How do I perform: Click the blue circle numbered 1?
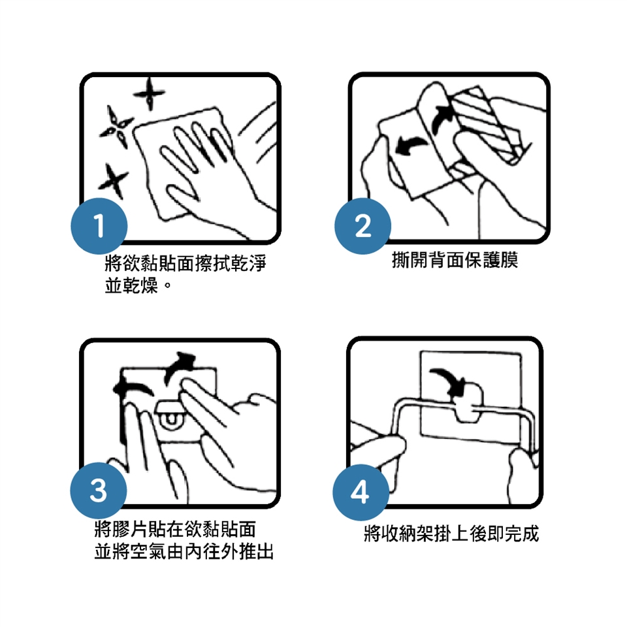pos(99,226)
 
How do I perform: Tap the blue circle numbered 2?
pos(362,226)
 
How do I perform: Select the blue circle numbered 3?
pos(99,490)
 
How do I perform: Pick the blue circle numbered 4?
pos(361,492)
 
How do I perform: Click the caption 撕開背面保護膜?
pos(455,260)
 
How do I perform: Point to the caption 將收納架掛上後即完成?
pos(451,534)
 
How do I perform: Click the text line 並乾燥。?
pos(138,285)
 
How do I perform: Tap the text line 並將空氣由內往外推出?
pos(184,551)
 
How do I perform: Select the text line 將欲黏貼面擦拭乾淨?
pos(185,263)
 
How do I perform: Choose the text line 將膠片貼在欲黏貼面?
pos(175,529)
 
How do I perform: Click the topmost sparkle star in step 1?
pos(149,94)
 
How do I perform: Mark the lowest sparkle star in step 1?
pos(113,181)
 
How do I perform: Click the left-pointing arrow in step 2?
pos(411,146)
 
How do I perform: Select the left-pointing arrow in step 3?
pos(133,389)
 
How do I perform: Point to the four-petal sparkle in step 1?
pos(116,127)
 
